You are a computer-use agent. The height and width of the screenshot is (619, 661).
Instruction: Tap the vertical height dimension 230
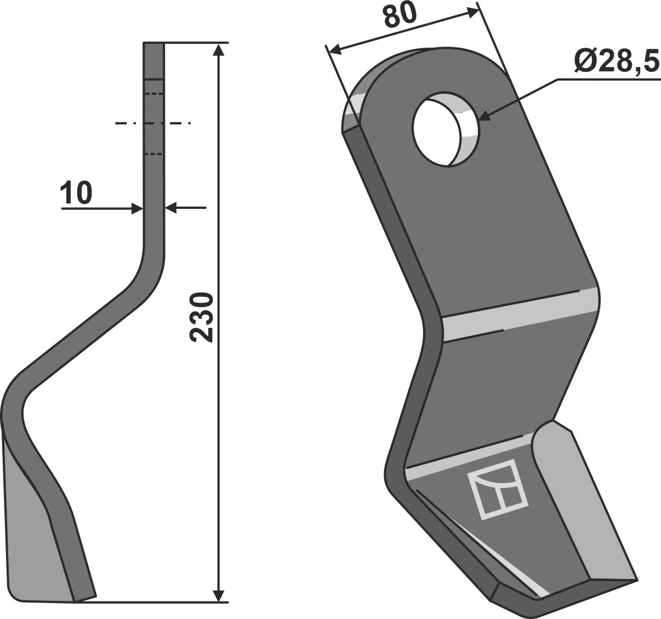click(x=203, y=318)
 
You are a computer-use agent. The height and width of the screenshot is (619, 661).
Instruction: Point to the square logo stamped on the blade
click(x=497, y=488)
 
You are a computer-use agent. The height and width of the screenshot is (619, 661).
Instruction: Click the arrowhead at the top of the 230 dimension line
click(x=219, y=49)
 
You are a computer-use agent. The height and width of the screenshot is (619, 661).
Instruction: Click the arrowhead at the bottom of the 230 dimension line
click(x=219, y=595)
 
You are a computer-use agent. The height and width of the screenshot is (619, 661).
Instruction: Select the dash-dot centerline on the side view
click(x=153, y=123)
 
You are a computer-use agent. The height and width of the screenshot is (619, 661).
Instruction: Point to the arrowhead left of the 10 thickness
click(x=137, y=208)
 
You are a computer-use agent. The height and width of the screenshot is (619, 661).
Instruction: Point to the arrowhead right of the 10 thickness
click(x=170, y=208)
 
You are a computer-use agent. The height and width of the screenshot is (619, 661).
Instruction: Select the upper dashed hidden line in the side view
click(x=154, y=94)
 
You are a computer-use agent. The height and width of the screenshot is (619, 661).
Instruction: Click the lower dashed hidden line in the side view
click(x=154, y=154)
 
